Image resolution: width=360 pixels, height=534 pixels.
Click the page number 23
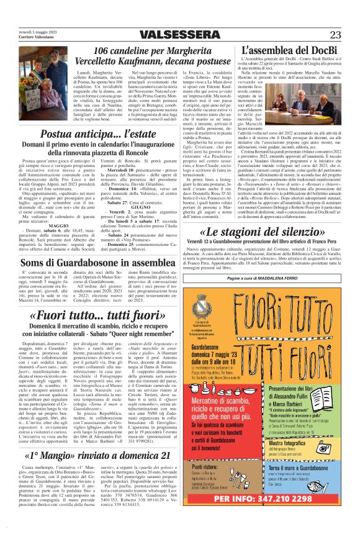[x=335, y=34]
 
